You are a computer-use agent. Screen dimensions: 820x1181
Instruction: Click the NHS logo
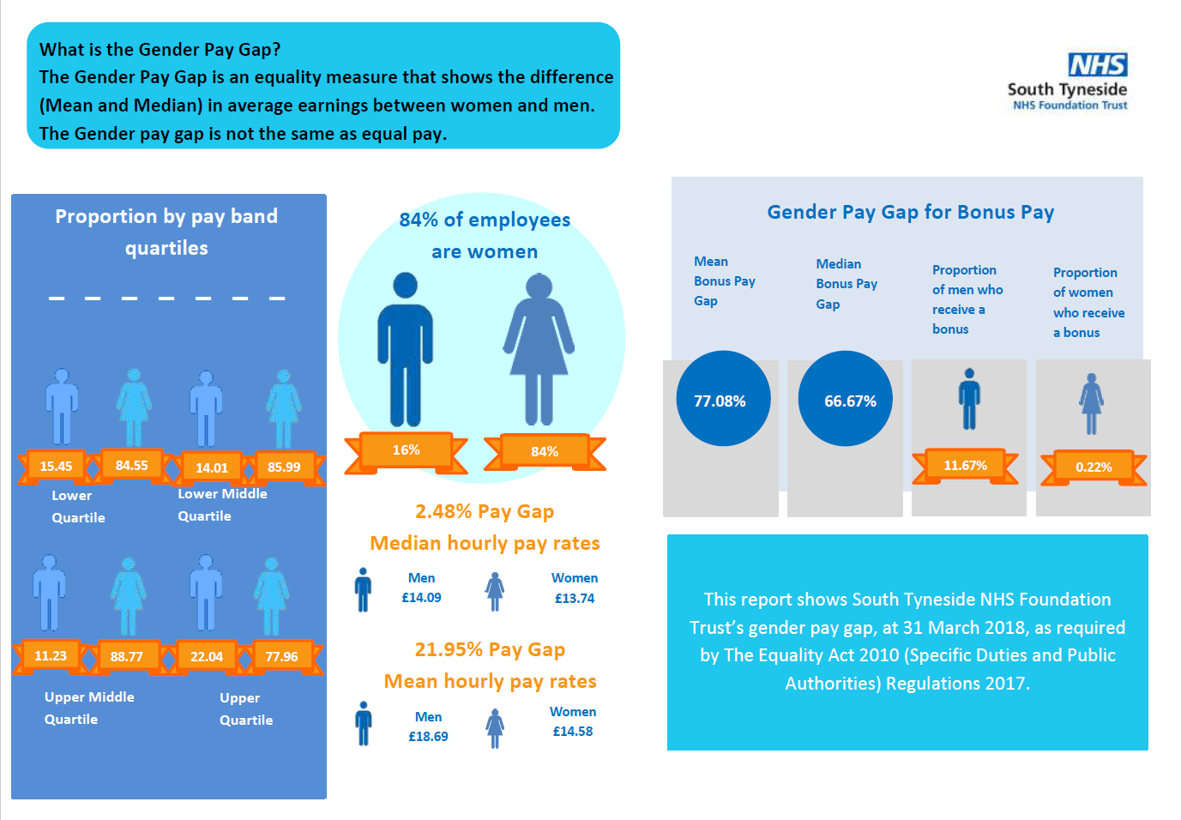pyautogui.click(x=1097, y=65)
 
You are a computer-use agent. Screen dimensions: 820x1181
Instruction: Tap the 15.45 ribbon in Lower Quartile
pyautogui.click(x=57, y=466)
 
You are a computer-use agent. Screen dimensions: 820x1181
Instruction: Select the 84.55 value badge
pyautogui.click(x=132, y=465)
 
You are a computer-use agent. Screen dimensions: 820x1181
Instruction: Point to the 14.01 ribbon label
pyautogui.click(x=212, y=467)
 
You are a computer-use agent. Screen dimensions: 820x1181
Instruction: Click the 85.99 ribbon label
pyautogui.click(x=284, y=467)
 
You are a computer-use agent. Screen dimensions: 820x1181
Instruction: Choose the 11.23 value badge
pyautogui.click(x=51, y=656)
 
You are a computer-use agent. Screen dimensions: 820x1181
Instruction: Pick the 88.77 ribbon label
pyautogui.click(x=127, y=657)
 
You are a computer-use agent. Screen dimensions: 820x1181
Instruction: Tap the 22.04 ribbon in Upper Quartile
pyautogui.click(x=207, y=657)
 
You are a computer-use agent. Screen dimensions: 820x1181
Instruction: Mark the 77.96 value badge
pyautogui.click(x=281, y=657)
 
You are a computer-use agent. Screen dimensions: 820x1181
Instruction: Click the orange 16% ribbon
pyautogui.click(x=407, y=450)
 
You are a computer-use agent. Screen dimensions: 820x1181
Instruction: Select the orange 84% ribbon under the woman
pyautogui.click(x=545, y=452)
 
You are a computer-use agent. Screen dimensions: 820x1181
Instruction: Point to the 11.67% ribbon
pyautogui.click(x=966, y=466)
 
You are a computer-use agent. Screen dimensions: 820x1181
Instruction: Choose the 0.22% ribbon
pyautogui.click(x=1094, y=467)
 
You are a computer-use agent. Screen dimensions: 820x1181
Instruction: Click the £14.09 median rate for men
pyautogui.click(x=421, y=598)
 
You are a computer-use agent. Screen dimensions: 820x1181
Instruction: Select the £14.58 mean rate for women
pyautogui.click(x=573, y=732)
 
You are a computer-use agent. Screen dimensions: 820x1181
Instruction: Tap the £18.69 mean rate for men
pyautogui.click(x=428, y=737)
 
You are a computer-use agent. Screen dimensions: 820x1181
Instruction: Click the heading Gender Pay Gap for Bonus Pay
pyautogui.click(x=910, y=212)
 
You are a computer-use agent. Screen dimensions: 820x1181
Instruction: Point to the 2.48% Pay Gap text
pyautogui.click(x=485, y=511)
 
